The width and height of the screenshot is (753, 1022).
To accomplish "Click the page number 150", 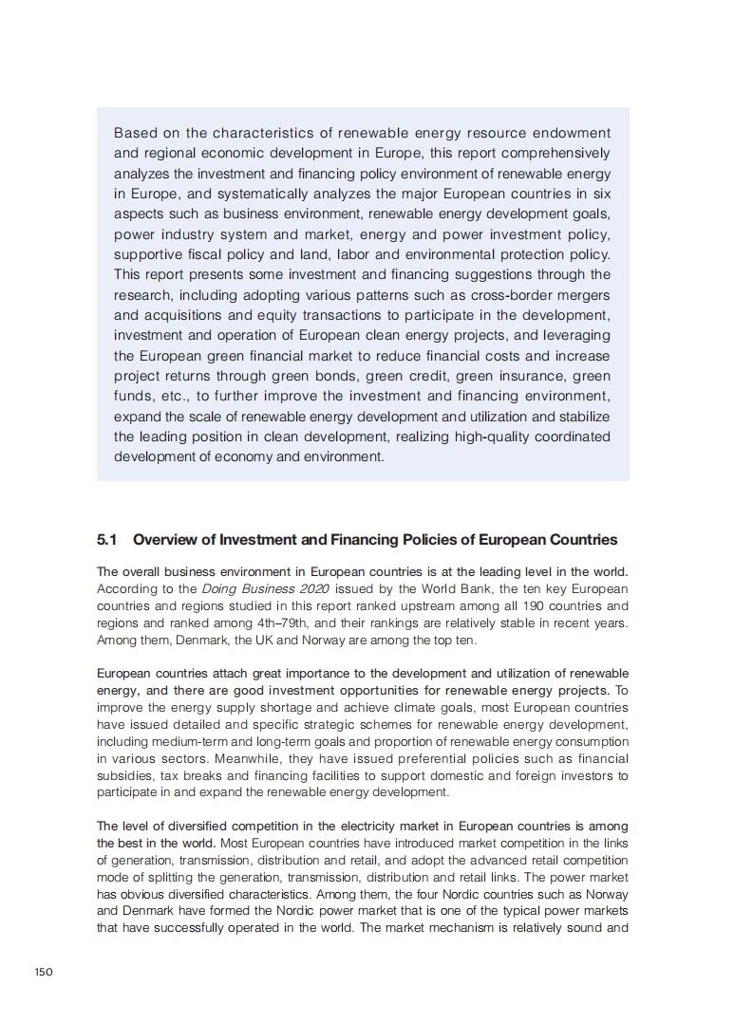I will point(44,971).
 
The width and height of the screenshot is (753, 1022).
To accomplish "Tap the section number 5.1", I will point(106,540).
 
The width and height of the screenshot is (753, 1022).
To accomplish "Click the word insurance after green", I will point(509,376).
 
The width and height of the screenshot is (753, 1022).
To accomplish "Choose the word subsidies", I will point(122,775).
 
